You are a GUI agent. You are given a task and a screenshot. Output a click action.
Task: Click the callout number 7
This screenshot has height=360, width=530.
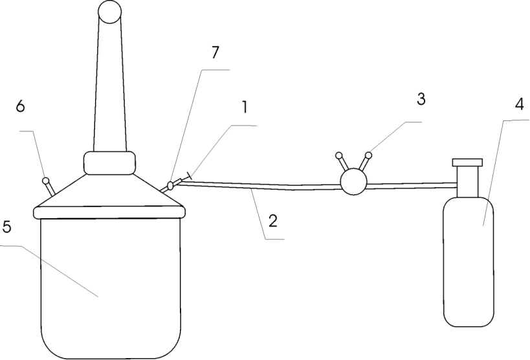[x=215, y=53]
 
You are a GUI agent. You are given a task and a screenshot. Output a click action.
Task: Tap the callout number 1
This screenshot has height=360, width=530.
[x=245, y=107]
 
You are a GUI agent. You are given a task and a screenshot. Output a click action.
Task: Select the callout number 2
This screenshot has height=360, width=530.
[x=273, y=221]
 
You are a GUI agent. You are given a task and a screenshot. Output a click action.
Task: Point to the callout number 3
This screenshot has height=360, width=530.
[x=421, y=99]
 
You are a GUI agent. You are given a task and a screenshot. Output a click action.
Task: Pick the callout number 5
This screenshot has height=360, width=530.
[x=6, y=227]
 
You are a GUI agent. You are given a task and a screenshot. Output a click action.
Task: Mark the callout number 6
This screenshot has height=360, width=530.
[x=20, y=106]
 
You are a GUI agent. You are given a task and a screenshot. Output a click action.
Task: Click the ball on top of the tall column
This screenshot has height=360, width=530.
[x=109, y=12]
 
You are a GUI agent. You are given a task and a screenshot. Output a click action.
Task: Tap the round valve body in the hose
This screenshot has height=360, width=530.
[x=353, y=182]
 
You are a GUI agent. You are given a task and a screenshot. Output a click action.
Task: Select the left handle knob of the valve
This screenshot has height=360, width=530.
[x=338, y=155]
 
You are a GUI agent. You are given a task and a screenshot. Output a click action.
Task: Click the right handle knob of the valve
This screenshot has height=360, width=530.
[x=368, y=155]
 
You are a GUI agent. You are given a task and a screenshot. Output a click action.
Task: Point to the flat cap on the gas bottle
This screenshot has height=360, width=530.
[x=467, y=163]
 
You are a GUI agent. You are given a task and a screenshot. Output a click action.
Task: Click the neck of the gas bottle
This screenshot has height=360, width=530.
[x=467, y=182]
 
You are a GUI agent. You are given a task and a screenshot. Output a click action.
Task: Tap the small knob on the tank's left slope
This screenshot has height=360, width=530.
[x=46, y=181]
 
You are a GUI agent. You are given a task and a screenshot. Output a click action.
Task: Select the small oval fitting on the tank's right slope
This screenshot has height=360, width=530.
[x=171, y=185]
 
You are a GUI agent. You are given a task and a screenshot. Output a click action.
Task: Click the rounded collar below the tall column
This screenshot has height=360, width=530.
[x=109, y=163]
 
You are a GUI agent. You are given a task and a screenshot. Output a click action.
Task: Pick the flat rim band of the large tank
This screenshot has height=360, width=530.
[x=109, y=212]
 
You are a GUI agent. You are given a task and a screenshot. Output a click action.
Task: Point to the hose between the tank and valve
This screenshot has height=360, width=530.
[x=259, y=185]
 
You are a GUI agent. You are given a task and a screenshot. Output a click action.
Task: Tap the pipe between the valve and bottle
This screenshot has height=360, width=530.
[x=412, y=185]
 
